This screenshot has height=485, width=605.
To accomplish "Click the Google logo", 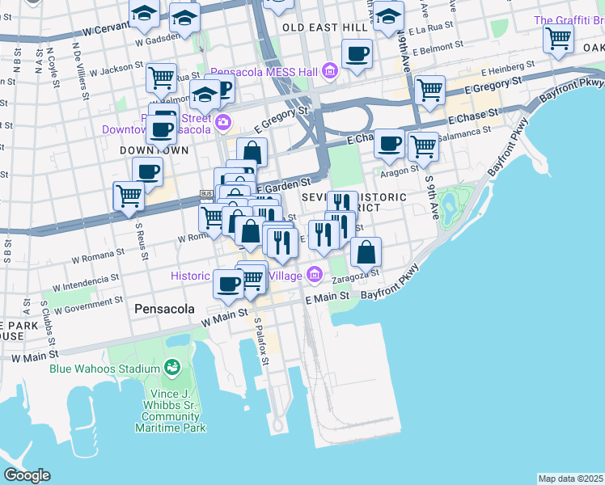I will click(x=27, y=474).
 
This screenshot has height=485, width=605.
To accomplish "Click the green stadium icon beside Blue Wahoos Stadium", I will click(x=171, y=368).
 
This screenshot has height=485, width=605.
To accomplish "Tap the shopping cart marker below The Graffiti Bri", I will click(x=558, y=38).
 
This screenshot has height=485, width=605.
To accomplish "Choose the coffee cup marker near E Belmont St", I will click(x=357, y=54).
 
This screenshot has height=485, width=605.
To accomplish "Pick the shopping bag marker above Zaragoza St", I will click(x=366, y=251).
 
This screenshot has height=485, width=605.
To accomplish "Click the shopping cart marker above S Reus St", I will click(x=129, y=196).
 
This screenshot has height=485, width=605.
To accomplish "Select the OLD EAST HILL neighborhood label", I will click(x=324, y=27).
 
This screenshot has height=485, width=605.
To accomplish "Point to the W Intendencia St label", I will click(x=86, y=281).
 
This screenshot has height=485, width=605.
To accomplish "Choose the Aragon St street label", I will click(x=402, y=169).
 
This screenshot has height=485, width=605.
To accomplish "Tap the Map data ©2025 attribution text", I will click(x=571, y=479).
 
